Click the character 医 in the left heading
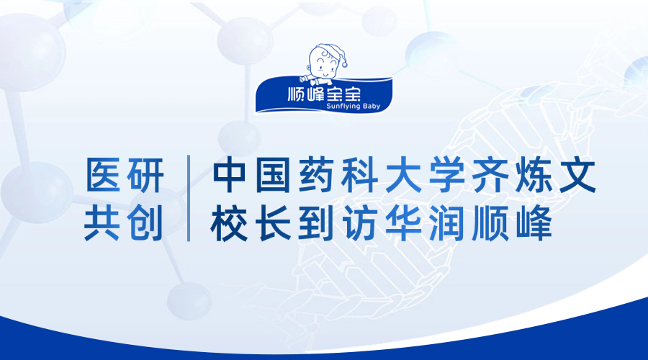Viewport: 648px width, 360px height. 103,175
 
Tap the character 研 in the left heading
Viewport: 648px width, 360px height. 145,175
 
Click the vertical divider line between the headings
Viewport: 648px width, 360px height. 189,199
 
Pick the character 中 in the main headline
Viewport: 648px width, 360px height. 230,175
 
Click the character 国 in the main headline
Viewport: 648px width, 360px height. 273,175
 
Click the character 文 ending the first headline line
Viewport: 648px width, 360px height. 577,175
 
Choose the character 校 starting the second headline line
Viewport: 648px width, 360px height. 230,224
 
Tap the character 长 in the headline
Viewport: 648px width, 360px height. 274,224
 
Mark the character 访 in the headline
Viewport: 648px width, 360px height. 359,224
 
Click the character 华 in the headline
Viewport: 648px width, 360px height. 403,224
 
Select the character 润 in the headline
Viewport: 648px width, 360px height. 446,224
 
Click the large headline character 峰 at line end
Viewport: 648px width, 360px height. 534,224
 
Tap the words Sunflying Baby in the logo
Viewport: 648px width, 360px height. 353,107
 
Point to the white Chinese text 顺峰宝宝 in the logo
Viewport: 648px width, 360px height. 324,94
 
